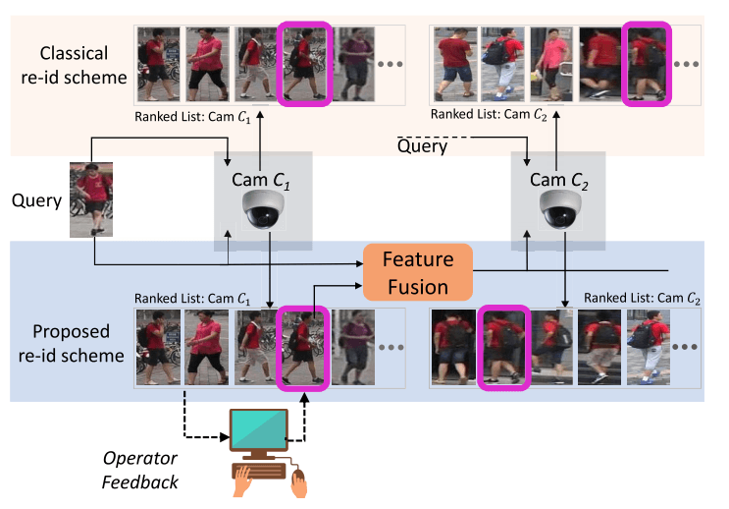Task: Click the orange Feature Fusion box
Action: (417, 272)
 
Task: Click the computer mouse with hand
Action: (298, 481)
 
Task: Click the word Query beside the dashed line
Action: (423, 146)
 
